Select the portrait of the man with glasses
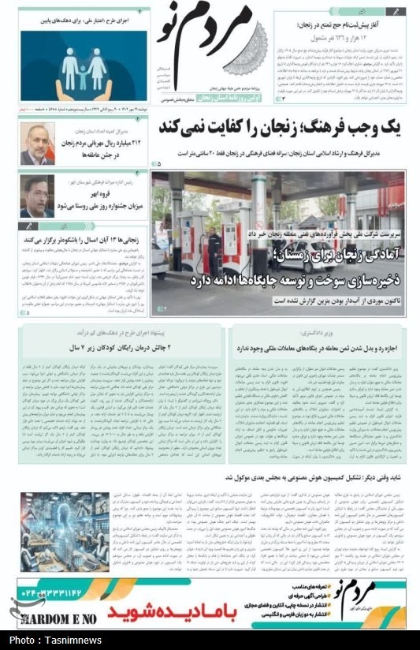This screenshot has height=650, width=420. coord(37,144)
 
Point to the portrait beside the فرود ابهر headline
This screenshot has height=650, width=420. coord(37,196)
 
